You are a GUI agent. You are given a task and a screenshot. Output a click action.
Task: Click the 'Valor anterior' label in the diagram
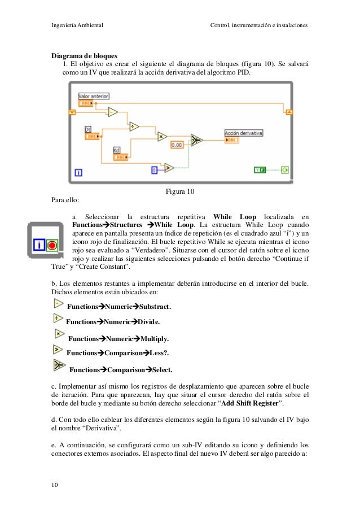[93, 96]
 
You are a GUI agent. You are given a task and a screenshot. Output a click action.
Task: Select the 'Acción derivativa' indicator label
[244, 133]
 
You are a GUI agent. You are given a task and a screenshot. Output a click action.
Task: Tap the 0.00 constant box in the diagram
[177, 145]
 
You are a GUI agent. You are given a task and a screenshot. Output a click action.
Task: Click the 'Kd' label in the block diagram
[117, 150]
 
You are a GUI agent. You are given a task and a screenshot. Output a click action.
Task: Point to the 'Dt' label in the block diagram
[88, 129]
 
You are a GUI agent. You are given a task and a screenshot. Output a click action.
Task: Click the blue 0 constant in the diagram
[154, 169]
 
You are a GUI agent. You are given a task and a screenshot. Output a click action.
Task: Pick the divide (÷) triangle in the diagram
[134, 126]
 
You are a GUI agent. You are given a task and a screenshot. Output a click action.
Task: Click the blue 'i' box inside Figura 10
[78, 173]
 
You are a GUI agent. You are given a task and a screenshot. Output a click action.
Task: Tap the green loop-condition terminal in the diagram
[285, 169]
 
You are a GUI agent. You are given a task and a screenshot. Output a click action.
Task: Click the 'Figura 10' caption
[179, 192]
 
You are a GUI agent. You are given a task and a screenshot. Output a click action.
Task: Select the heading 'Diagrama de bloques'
[84, 56]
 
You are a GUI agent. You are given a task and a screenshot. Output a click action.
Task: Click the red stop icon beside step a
[52, 246]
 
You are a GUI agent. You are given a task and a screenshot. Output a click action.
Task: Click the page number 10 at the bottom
[55, 484]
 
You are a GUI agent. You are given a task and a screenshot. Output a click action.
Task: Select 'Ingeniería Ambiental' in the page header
[76, 25]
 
